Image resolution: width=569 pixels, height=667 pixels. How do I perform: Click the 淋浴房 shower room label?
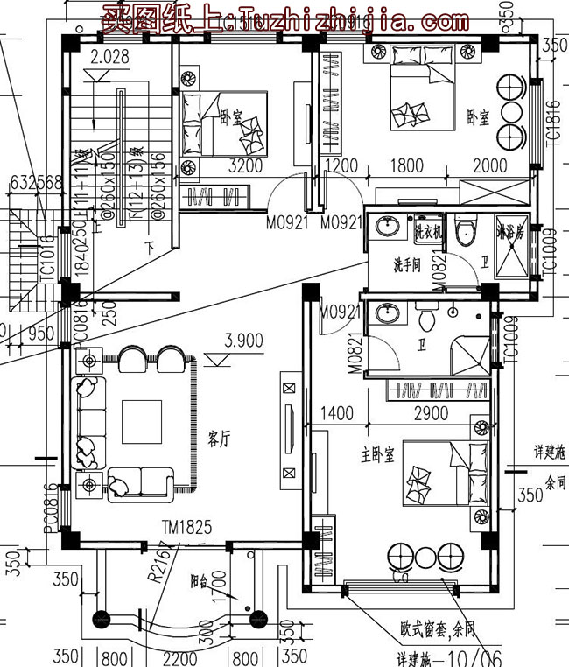tap(509, 235)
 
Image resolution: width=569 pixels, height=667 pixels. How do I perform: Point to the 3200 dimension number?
tap(246, 165)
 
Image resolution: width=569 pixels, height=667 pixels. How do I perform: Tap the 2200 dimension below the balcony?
tap(180, 656)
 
